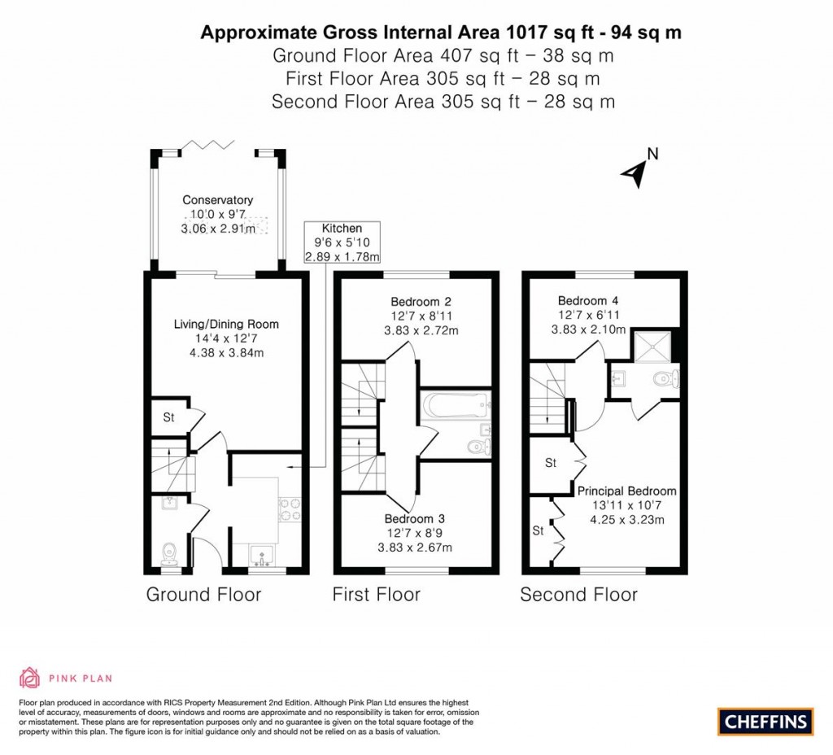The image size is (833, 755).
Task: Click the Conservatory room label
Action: [217, 200]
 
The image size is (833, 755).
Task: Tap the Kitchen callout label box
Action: [342, 242]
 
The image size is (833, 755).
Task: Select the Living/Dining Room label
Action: [226, 325]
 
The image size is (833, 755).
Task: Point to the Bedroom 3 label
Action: [414, 519]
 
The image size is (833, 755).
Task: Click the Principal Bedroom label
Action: [626, 491]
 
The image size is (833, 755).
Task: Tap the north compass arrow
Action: [635, 171]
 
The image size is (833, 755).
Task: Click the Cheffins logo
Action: [765, 720]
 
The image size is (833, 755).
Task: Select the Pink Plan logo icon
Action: [29, 678]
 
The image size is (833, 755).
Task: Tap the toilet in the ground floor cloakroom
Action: [170, 553]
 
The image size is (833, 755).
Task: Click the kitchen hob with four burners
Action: [289, 508]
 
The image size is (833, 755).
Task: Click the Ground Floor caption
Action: [203, 595]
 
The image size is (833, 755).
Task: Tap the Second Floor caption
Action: [578, 595]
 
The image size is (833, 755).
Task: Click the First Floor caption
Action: [376, 595]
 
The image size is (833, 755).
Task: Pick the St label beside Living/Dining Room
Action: [169, 417]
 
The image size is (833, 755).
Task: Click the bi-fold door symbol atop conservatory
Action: [217, 146]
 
